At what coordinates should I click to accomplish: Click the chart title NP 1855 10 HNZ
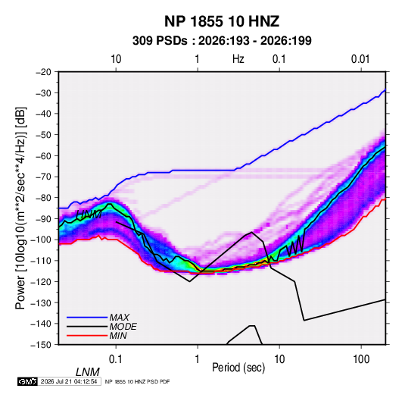[222, 21]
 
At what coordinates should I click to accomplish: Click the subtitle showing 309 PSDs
[222, 41]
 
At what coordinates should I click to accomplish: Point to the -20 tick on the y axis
[43, 72]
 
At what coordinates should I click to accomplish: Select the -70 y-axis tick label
[43, 177]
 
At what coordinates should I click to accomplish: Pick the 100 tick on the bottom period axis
[361, 359]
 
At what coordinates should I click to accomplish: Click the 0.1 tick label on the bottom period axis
[116, 359]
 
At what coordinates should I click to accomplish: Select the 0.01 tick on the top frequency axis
[360, 59]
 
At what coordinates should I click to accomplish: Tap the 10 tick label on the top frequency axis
[116, 59]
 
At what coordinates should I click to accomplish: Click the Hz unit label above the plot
[238, 59]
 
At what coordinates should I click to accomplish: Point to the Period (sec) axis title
[238, 368]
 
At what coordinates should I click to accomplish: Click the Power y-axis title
[20, 208]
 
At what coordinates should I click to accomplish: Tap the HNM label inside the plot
[89, 215]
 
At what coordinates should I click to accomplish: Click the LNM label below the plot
[87, 372]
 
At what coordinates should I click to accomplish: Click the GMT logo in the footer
[27, 381]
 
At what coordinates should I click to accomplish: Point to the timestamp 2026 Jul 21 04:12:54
[69, 381]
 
